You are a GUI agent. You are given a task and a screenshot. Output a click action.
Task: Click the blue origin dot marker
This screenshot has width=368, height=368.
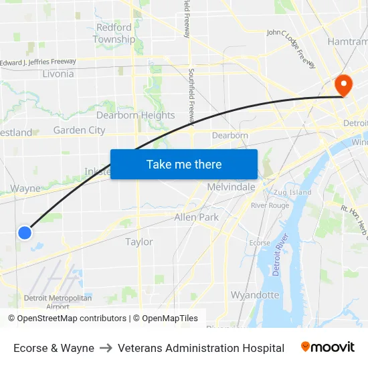[25, 232]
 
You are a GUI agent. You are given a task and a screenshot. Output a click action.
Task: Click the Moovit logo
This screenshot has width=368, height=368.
[328, 347]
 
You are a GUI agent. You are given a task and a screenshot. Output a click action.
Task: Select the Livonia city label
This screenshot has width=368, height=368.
[58, 74]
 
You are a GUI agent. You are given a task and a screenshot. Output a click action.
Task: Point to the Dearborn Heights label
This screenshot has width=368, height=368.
[135, 115]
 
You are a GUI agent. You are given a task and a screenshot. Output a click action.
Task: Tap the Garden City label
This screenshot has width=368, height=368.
[79, 130]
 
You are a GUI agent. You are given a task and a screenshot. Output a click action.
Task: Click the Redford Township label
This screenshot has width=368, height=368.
[114, 33]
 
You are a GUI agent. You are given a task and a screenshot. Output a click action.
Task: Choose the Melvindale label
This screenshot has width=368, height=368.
[231, 187]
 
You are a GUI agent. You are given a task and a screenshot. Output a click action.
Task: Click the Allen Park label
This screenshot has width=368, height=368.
[196, 217]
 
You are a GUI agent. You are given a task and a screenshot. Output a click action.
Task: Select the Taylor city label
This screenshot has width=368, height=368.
[139, 242]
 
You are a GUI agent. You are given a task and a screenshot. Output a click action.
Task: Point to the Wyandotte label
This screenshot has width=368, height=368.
[255, 294]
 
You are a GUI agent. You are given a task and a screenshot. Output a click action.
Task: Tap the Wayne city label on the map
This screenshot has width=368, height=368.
[26, 189]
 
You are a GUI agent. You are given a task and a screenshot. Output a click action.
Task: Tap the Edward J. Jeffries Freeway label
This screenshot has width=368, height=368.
[38, 62]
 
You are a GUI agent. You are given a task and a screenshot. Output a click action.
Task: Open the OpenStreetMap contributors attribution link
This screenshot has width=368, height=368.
[72, 318]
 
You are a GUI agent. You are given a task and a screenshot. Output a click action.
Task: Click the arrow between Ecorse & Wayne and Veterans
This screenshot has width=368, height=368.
[106, 348]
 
